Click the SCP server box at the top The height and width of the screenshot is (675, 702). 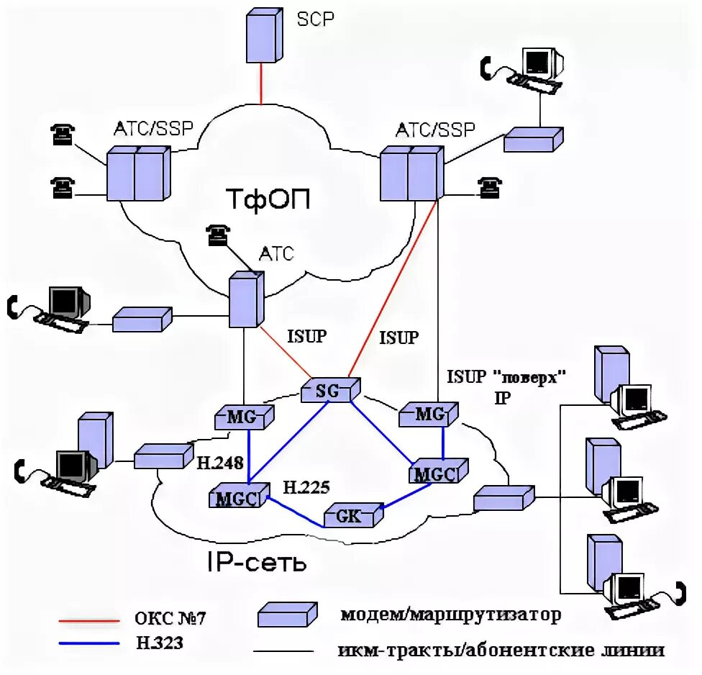[x=265, y=35]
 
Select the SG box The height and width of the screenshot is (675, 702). [x=330, y=390]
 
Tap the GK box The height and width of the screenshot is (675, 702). [x=354, y=515]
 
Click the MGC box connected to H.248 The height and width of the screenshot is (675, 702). [x=240, y=495]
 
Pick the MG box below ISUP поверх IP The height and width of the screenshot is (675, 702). [x=429, y=414]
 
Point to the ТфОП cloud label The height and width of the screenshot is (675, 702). [x=268, y=199]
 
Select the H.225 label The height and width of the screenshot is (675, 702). [x=306, y=487]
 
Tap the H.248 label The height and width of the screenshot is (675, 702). [x=220, y=463]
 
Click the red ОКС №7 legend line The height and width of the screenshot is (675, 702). [x=89, y=621]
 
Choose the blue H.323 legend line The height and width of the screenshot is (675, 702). [x=89, y=643]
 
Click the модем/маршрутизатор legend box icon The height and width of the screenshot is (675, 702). [x=288, y=614]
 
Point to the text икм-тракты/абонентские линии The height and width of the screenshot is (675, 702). [x=501, y=650]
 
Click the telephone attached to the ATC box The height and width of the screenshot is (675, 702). [x=218, y=235]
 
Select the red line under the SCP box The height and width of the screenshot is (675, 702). [x=261, y=83]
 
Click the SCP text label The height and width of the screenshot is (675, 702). [x=315, y=19]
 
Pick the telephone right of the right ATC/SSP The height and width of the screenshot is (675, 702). [x=490, y=187]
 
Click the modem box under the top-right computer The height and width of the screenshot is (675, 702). [x=534, y=140]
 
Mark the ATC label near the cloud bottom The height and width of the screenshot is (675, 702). [x=276, y=254]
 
